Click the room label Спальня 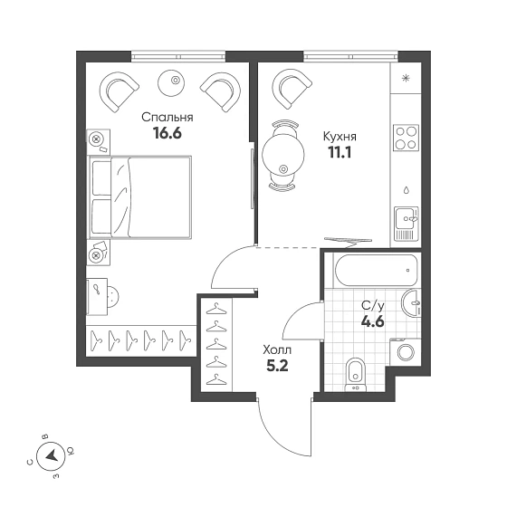coord(167,118)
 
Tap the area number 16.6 coord(167,133)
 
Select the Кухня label coord(340,137)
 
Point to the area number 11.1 coord(340,152)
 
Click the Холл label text coord(277,349)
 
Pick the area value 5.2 coord(277,366)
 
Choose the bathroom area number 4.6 coord(373,321)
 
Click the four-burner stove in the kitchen coord(407,138)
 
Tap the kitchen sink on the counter coord(407,224)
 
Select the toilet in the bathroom coord(355,375)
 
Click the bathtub coord(376,271)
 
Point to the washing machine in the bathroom coord(406,352)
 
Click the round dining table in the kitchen coord(283,155)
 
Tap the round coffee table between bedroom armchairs coord(172,82)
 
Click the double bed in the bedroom coord(139,197)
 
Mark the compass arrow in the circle coord(52,456)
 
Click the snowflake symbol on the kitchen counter coord(406,78)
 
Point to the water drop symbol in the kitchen coord(407,189)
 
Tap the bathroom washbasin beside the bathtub coord(411,303)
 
